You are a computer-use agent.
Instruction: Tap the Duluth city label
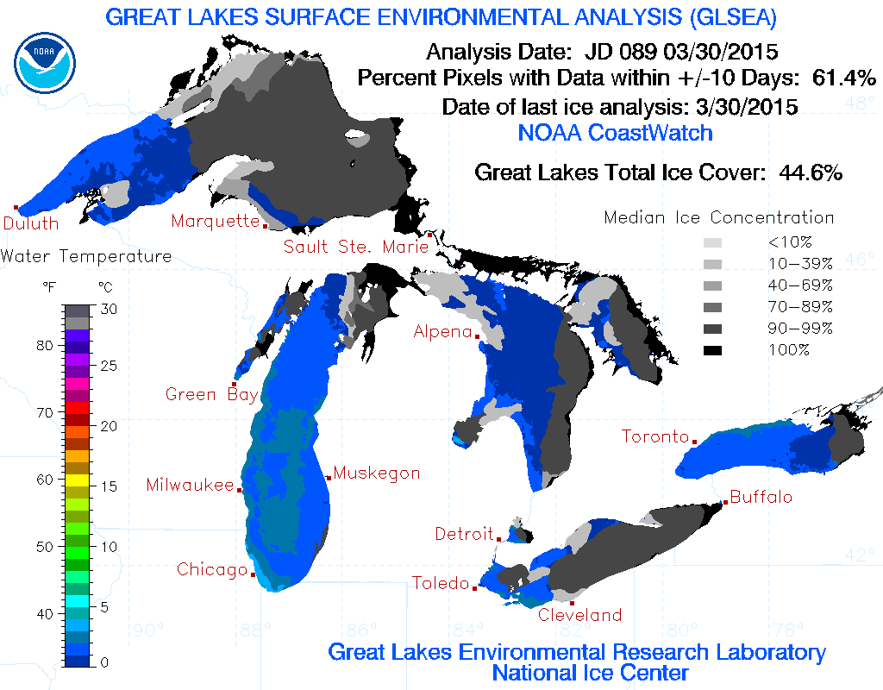click(x=30, y=223)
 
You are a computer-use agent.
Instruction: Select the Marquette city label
click(x=215, y=221)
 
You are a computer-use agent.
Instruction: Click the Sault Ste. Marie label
click(x=356, y=247)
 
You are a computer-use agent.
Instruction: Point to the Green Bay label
click(x=211, y=395)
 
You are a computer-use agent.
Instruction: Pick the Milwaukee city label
click(x=190, y=485)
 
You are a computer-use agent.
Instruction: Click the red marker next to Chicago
click(x=253, y=574)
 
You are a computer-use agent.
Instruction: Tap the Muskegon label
click(x=377, y=473)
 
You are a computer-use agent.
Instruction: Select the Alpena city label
click(x=442, y=331)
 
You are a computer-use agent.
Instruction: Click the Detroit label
click(x=464, y=534)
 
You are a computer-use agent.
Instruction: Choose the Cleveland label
click(x=579, y=615)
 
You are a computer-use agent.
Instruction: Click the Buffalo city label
click(x=761, y=498)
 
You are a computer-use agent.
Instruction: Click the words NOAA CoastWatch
click(x=615, y=133)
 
